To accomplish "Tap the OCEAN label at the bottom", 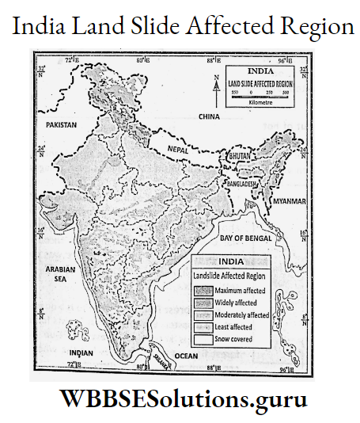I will click(x=186, y=356).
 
